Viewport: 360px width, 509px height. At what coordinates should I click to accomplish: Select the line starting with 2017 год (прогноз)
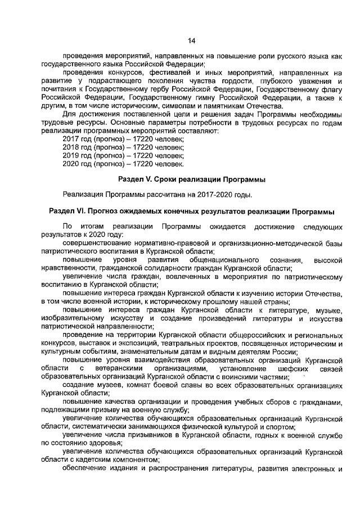pyautogui.click(x=123, y=138)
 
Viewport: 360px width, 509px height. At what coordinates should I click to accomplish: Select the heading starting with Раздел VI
pyautogui.click(x=191, y=211)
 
